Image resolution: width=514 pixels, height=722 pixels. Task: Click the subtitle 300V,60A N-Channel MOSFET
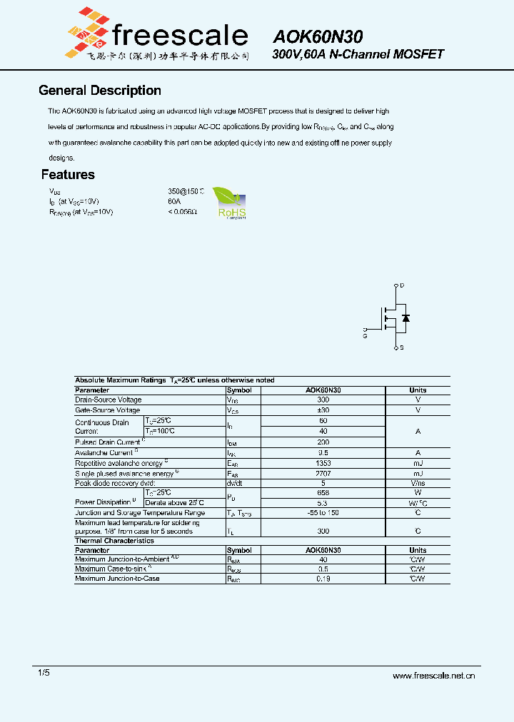(x=358, y=54)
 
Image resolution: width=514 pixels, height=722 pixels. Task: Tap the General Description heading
(x=99, y=91)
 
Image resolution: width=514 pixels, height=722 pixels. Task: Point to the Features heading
(x=68, y=175)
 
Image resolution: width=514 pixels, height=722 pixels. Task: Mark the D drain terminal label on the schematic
(x=402, y=285)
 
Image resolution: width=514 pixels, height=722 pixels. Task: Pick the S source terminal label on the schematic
(x=402, y=347)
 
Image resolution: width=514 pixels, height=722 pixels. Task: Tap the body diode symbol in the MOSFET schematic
(x=406, y=318)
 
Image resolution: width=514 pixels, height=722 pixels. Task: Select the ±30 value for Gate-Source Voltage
(x=323, y=411)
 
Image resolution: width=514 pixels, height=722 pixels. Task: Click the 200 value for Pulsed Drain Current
(x=323, y=442)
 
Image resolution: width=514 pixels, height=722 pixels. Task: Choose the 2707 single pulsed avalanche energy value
(x=323, y=474)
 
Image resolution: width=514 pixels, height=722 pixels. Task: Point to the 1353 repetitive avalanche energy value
(x=323, y=463)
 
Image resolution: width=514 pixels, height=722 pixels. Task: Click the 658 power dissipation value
(x=323, y=493)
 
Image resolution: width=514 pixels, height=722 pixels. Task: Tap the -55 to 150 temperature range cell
(x=323, y=513)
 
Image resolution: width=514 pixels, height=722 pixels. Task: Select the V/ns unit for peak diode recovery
(x=418, y=484)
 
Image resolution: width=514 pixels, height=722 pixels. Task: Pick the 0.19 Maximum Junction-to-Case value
(x=323, y=579)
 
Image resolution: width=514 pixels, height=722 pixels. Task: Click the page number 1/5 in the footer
(x=44, y=673)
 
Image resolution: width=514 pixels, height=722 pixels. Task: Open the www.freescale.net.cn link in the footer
(x=433, y=676)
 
